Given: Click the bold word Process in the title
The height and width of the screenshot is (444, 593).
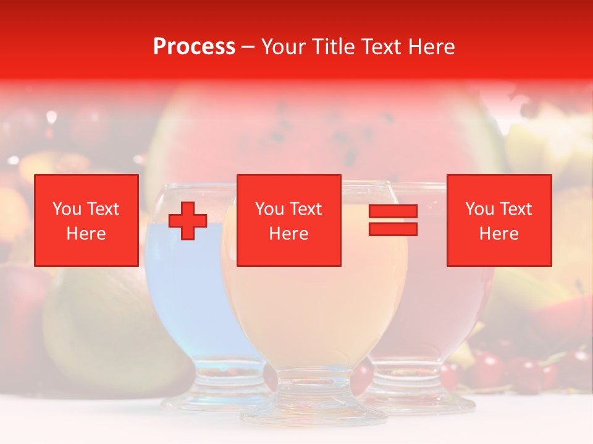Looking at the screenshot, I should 194,47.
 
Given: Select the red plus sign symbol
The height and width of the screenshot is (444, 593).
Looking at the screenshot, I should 188,221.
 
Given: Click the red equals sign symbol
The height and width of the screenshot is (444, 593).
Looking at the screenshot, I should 393,220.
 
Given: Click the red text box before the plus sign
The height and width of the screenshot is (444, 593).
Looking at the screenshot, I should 86,220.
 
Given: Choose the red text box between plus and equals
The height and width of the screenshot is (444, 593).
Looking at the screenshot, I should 289,220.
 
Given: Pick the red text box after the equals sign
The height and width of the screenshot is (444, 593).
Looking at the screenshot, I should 499,220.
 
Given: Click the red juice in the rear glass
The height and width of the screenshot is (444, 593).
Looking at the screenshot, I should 432,308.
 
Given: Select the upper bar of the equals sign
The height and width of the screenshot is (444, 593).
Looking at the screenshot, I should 393,212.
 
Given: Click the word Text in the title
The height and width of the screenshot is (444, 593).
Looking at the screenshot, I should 379,47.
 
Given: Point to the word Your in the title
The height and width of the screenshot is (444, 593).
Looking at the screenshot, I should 284,47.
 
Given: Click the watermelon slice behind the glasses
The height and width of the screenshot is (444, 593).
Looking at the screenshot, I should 321,129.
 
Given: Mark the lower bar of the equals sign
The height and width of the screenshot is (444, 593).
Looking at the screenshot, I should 393,229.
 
